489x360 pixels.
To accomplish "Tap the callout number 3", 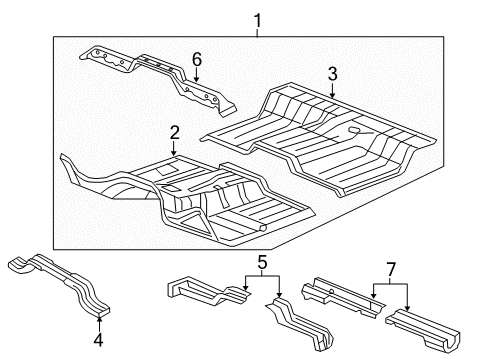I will click(x=331, y=73).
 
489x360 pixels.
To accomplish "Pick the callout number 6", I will click(x=197, y=59).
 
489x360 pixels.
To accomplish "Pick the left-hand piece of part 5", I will click(x=205, y=293).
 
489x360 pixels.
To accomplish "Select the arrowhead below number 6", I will click(x=197, y=82).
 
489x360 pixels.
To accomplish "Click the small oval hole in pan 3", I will click(x=355, y=131).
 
